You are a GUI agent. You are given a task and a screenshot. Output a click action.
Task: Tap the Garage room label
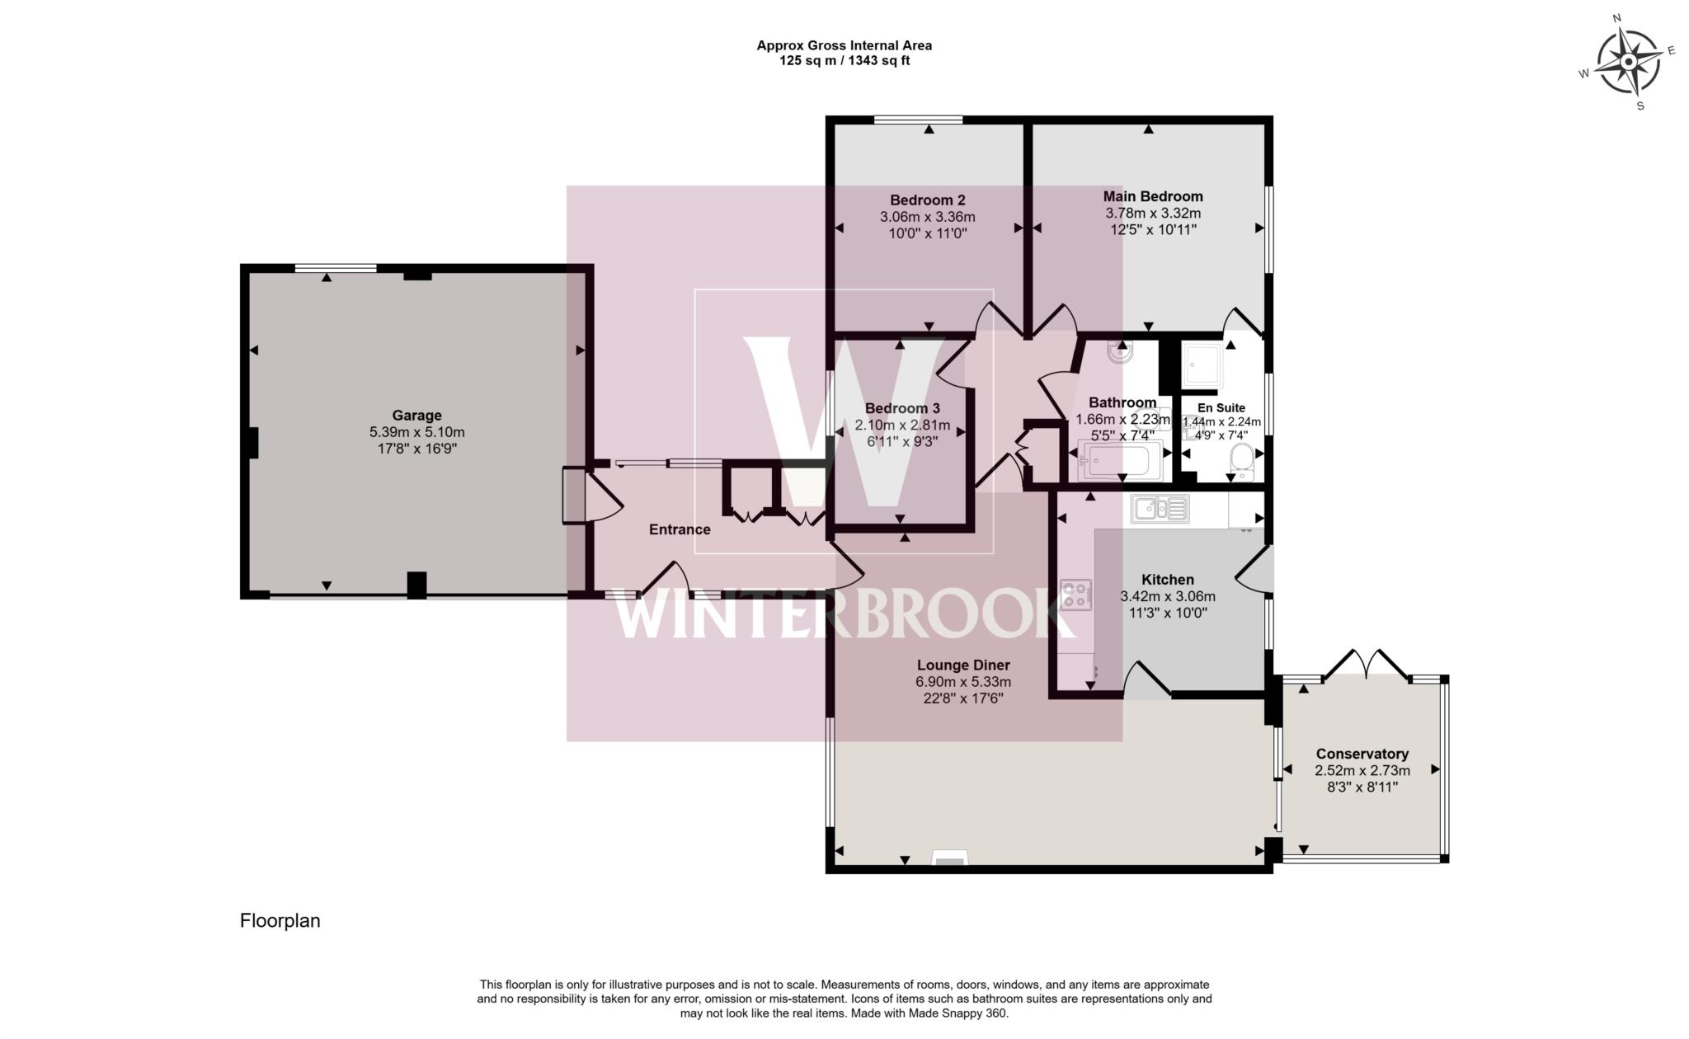click(x=416, y=416)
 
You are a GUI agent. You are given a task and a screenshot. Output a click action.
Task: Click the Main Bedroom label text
click(x=1153, y=196)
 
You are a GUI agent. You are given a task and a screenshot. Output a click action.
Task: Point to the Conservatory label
click(x=1362, y=754)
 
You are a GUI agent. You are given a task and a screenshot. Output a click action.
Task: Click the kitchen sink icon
click(x=1159, y=509)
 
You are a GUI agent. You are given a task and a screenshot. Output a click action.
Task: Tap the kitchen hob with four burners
click(x=1075, y=595)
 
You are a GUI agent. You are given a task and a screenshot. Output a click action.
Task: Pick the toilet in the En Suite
click(x=1240, y=458)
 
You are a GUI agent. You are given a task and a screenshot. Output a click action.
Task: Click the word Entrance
click(x=680, y=529)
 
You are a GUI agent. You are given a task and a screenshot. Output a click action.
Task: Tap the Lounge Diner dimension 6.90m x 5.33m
click(x=963, y=682)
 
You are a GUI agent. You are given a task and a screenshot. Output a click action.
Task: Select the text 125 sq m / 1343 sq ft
click(x=844, y=60)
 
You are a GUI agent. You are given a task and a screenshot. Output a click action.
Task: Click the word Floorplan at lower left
click(x=280, y=921)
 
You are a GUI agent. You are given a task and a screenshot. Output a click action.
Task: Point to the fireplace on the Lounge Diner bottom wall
click(x=949, y=861)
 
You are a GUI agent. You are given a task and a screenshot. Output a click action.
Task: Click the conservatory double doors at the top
click(x=1366, y=665)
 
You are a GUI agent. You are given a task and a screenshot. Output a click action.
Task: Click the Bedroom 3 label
click(x=902, y=408)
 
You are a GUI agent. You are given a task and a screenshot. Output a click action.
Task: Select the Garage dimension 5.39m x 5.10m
click(x=416, y=432)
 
